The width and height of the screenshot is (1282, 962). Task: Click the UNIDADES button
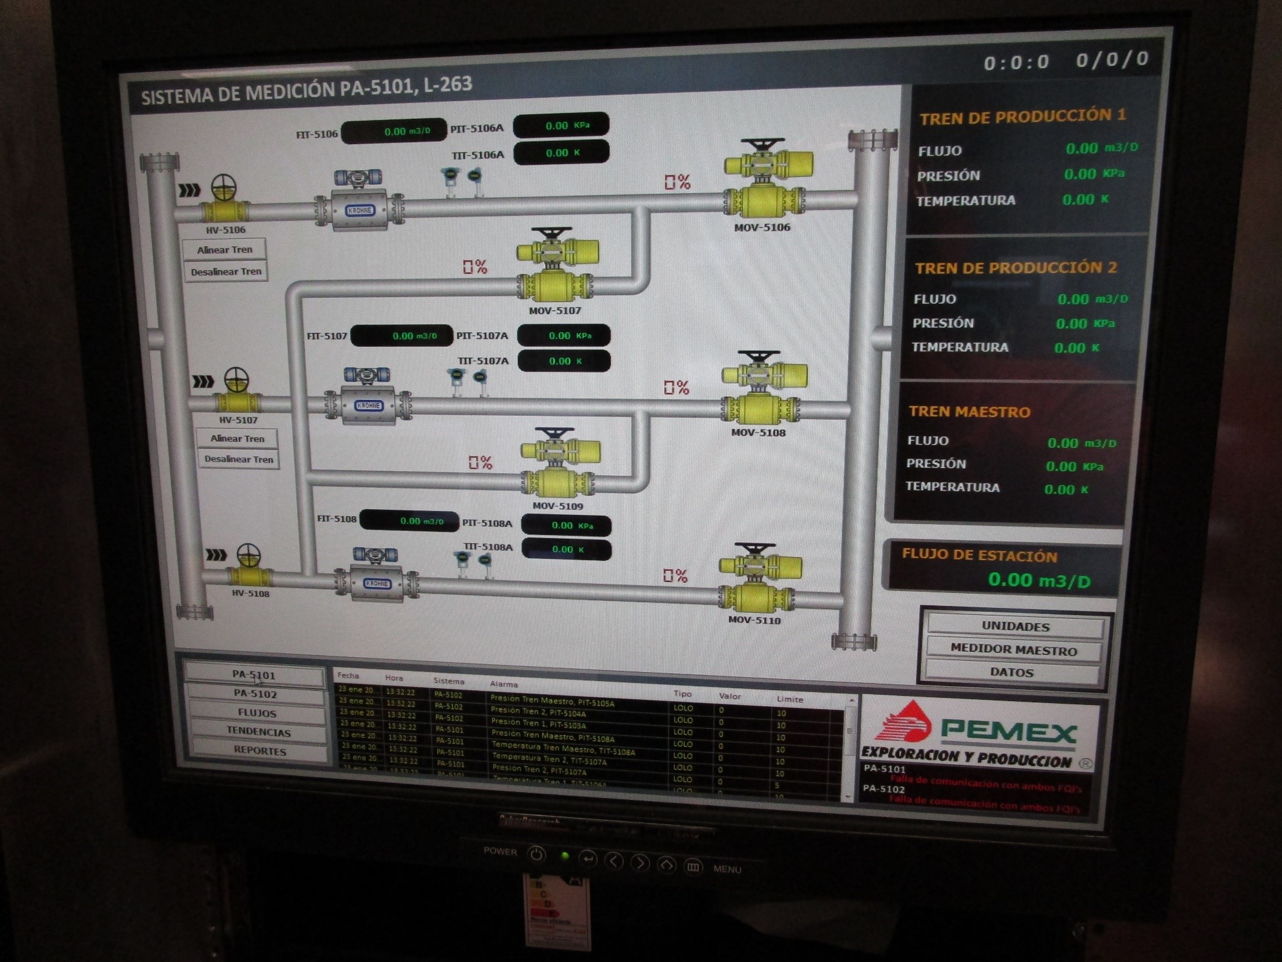point(1015,626)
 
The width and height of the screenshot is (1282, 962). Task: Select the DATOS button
point(1011,672)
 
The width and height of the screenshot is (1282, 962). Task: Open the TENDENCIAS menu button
point(258,732)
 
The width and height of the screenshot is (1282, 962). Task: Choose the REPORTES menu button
point(260,751)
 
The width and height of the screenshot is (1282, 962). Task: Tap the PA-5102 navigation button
point(255,694)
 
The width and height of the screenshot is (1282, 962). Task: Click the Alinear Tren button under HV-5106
point(225,250)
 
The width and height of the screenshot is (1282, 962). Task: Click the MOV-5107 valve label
point(555,311)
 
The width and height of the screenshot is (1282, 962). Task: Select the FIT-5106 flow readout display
point(394,131)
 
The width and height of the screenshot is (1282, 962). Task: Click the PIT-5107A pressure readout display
point(564,336)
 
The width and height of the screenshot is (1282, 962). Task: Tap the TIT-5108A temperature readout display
point(566,549)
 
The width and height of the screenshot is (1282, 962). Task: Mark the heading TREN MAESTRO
point(969,412)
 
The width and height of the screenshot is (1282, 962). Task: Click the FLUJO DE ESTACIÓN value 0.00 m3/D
point(1039,580)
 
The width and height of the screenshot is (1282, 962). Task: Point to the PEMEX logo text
point(1008,732)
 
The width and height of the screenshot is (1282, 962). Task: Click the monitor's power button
point(536,854)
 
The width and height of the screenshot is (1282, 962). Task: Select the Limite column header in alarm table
point(790,699)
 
